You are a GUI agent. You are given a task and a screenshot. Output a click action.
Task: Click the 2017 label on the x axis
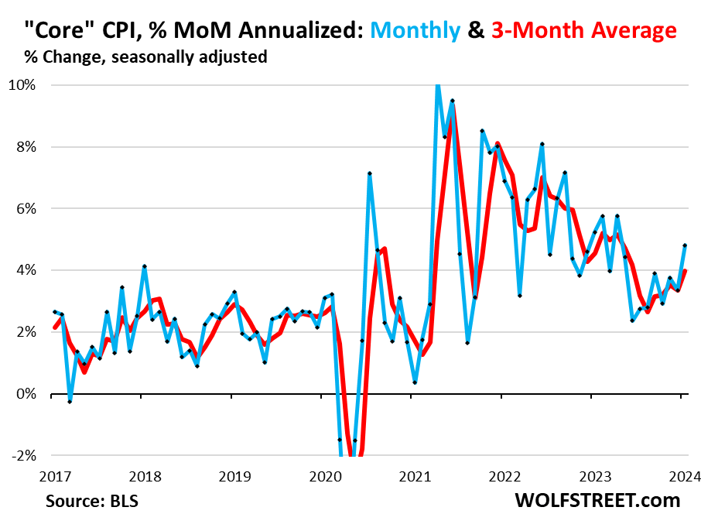coord(51,475)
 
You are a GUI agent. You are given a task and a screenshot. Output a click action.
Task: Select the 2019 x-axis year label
coord(231,475)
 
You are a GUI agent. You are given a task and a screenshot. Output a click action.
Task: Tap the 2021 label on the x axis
coord(412,475)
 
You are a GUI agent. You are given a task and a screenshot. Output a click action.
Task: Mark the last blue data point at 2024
coord(685,246)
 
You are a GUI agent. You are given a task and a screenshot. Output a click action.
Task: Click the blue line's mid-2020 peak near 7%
coord(370,173)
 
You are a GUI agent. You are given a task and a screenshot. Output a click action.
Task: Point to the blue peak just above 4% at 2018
coord(145,267)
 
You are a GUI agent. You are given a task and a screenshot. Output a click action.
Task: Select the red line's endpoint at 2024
coord(685,271)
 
